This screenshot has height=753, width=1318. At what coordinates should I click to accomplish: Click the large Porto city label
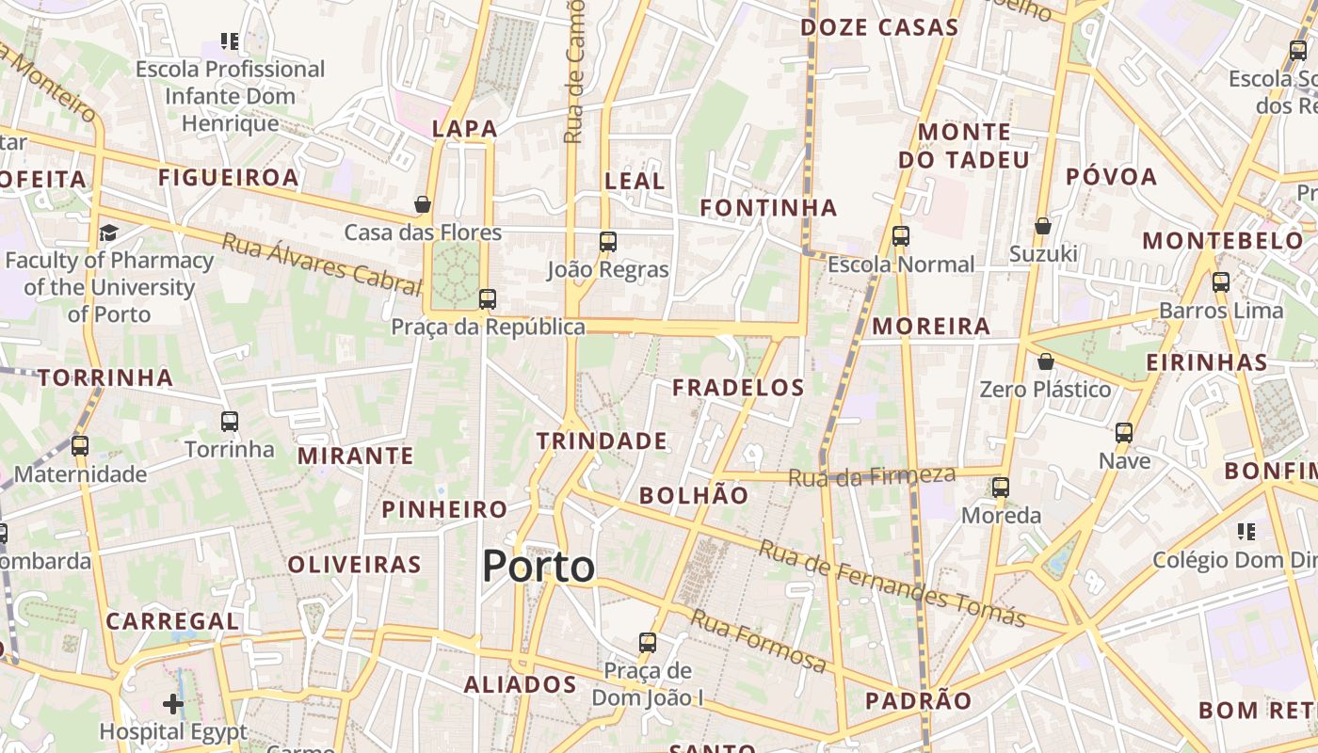pos(538,567)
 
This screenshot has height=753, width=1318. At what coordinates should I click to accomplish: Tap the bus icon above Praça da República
pos(487,299)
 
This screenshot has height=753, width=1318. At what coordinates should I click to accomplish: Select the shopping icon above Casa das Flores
pos(423,204)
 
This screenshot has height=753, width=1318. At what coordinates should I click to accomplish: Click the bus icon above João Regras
pos(607,242)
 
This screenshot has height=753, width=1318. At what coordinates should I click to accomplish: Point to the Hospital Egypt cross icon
pos(173,703)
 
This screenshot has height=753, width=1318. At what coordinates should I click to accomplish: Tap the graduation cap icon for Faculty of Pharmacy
pos(109,232)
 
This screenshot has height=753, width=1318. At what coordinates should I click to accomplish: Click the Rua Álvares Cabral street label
pos(320,264)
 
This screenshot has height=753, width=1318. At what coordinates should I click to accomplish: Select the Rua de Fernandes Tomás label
pos(892,584)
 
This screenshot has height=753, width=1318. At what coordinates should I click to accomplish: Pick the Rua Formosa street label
pos(759,640)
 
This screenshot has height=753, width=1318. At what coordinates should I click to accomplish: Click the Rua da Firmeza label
pos(872,475)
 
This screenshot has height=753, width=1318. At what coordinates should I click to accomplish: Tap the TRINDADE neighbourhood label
pos(602,441)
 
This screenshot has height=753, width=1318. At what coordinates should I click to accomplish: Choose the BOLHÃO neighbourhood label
pos(694,495)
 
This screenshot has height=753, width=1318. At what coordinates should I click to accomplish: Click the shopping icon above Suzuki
pos(1042,226)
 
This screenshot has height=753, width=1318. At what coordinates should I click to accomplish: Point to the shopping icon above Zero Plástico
pos(1045,361)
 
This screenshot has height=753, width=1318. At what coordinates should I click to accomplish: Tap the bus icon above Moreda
pos(1000,488)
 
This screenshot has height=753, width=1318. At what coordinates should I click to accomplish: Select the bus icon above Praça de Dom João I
pos(647,643)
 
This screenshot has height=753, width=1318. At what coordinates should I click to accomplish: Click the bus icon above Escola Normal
pos(900,236)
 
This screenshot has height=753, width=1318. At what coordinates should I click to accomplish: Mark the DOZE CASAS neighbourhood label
pos(879,28)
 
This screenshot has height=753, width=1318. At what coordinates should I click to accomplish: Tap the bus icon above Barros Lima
pos(1221,281)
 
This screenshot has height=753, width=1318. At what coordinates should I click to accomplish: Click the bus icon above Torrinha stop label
pos(229,422)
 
